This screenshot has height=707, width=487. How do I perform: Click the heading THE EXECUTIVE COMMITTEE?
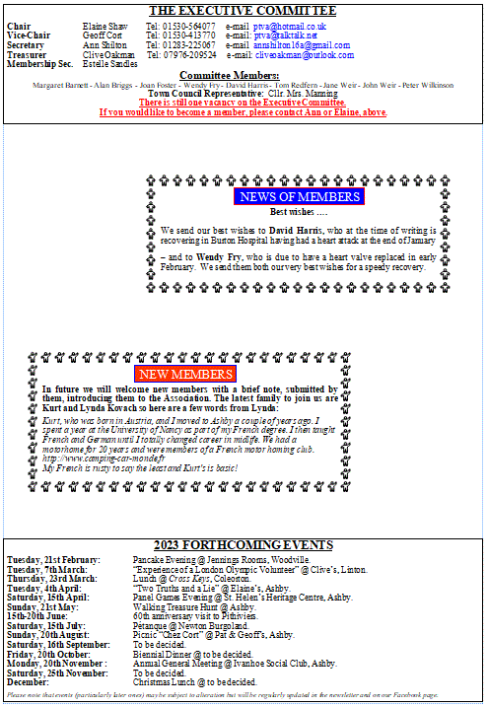(x=243, y=11)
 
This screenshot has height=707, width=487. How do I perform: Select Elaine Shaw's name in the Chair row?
(x=105, y=26)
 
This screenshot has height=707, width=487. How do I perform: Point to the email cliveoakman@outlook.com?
(x=306, y=55)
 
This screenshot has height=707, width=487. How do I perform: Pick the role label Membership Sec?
(x=39, y=64)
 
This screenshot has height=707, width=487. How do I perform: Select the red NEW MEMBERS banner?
(x=185, y=374)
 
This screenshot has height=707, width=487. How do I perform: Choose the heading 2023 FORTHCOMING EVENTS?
(x=243, y=545)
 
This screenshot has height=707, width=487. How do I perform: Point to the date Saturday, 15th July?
(x=46, y=625)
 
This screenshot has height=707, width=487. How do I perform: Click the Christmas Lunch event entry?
(x=195, y=681)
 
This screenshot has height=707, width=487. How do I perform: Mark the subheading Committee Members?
(x=243, y=75)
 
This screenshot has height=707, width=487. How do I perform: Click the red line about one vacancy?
(x=243, y=103)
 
